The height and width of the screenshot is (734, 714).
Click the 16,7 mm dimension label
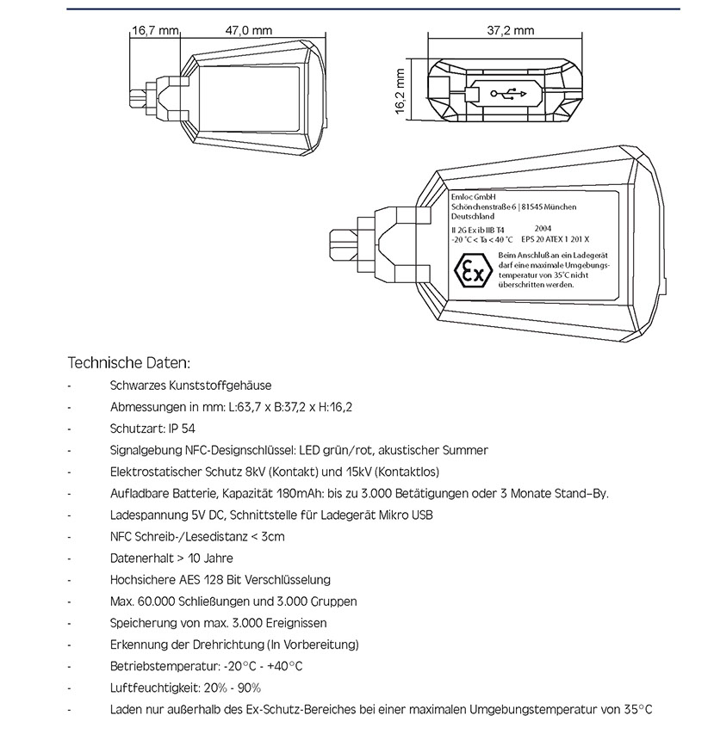[x=153, y=30]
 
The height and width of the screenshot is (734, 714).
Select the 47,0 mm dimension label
[x=248, y=30]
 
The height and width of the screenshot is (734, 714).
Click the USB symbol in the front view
[x=504, y=92]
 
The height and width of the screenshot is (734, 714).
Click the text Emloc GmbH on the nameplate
[x=473, y=197]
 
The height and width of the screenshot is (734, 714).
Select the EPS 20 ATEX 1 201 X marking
[x=557, y=238]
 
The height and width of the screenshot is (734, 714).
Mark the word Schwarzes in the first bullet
[x=139, y=386]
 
